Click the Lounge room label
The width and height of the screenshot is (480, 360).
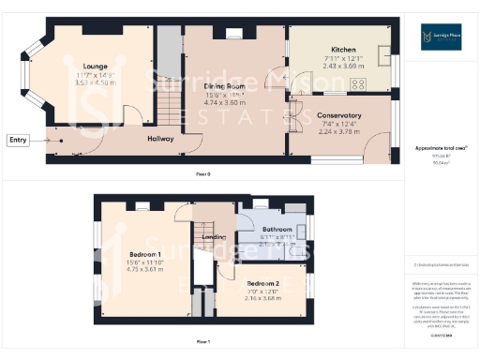(x=94, y=66)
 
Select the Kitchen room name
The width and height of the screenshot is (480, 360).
(x=343, y=50)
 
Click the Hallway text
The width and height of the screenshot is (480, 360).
(x=161, y=139)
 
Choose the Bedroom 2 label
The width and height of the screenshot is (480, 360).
(x=263, y=282)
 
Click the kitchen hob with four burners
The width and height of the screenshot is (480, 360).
(x=357, y=83)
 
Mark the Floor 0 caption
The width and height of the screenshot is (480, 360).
(x=202, y=174)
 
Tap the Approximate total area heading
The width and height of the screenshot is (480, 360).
(x=441, y=148)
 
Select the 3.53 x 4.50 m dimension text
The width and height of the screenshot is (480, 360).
(x=95, y=82)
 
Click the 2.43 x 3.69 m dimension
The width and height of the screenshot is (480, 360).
(x=343, y=66)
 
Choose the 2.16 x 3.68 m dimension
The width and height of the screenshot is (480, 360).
(x=263, y=298)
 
